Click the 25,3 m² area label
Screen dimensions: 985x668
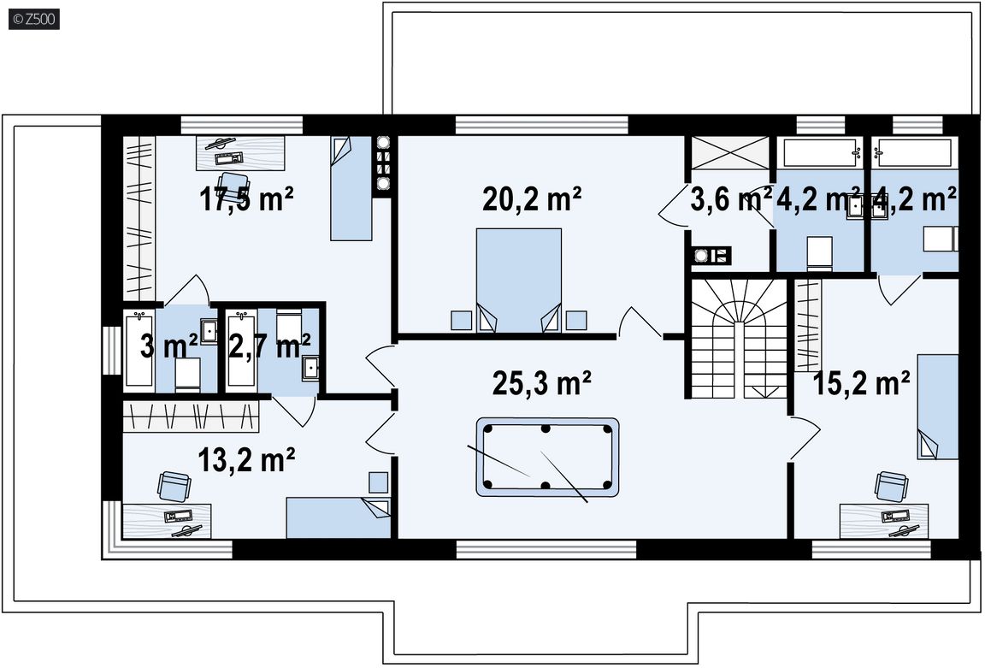click(x=541, y=383)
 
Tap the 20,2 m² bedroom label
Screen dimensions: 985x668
click(x=532, y=199)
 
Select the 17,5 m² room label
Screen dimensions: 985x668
click(x=246, y=199)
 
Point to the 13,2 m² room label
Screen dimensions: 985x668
click(x=246, y=460)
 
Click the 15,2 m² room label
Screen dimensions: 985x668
click(x=861, y=382)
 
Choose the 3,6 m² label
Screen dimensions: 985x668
click(x=731, y=199)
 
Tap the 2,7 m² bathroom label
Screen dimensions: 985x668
click(x=268, y=346)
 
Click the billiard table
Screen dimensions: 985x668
click(x=547, y=458)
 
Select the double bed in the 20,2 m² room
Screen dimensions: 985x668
click(x=518, y=281)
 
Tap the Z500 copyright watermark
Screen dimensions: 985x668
click(x=34, y=20)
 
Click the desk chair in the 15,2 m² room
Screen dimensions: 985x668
click(x=891, y=486)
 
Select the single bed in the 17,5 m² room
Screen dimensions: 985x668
click(x=351, y=188)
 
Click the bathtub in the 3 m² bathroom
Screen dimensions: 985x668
click(x=139, y=349)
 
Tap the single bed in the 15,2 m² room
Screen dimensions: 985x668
click(x=938, y=406)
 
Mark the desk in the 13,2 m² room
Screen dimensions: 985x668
click(x=167, y=521)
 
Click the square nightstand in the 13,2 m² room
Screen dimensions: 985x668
click(x=378, y=482)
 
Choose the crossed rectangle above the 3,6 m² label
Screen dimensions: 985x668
click(x=730, y=152)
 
